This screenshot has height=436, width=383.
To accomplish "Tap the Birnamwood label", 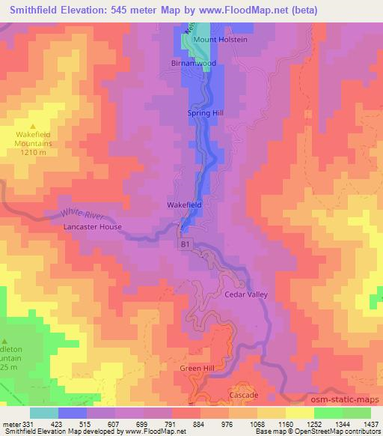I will point(194,64).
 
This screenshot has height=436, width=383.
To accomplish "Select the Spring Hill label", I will point(206,113).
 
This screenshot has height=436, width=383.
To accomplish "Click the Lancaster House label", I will point(93,226).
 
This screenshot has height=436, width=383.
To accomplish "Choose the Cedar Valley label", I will point(246,295).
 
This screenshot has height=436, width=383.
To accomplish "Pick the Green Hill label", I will point(196,369).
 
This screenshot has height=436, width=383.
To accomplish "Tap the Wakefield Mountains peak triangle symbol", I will point(34,125).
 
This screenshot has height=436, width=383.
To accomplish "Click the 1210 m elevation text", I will point(34,152).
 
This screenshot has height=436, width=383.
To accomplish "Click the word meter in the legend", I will point(10,423).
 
